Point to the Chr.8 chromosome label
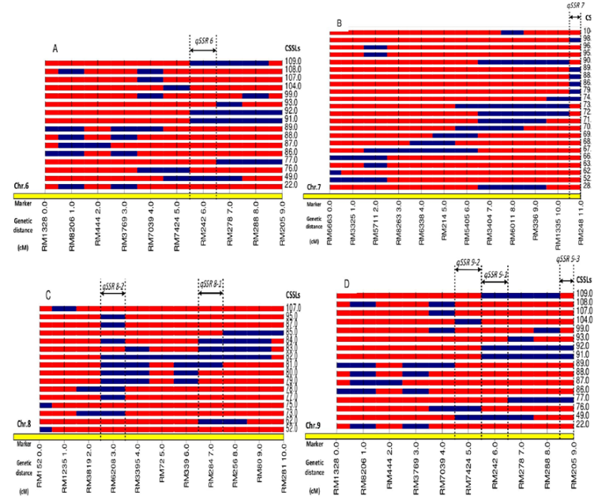click(x=26, y=445)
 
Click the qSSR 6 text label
click(x=203, y=39)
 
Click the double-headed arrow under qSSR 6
click(x=203, y=50)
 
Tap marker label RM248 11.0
click(x=582, y=225)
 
